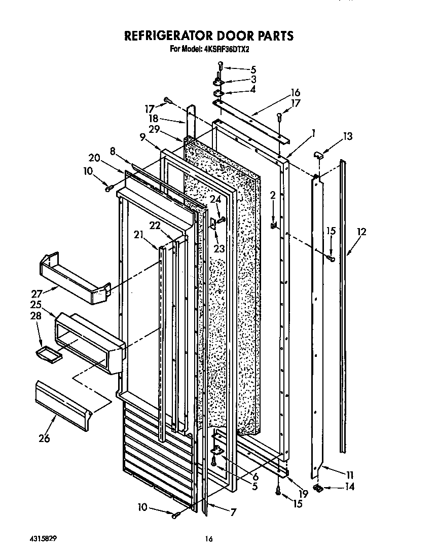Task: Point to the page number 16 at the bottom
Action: pyautogui.click(x=208, y=539)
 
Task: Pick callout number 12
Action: pyautogui.click(x=361, y=232)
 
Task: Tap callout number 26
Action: pyautogui.click(x=45, y=438)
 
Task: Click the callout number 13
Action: pyautogui.click(x=347, y=136)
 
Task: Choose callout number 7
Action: pyautogui.click(x=233, y=512)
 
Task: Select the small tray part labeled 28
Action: pyautogui.click(x=49, y=354)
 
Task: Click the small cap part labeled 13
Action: pyautogui.click(x=317, y=154)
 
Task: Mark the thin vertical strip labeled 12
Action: pyautogui.click(x=343, y=304)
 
